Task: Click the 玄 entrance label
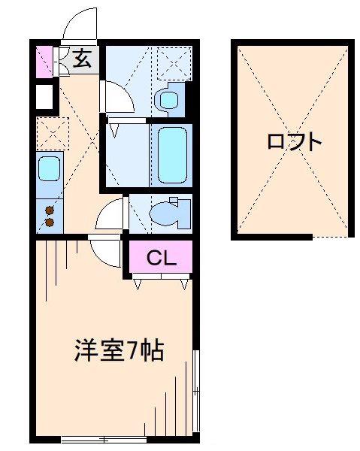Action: pyautogui.click(x=83, y=59)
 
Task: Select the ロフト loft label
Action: pyautogui.click(x=294, y=142)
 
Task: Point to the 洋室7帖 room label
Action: pyautogui.click(x=119, y=351)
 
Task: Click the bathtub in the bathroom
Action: pyautogui.click(x=173, y=155)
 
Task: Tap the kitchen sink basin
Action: pyautogui.click(x=50, y=169)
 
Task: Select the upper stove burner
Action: pyautogui.click(x=50, y=210)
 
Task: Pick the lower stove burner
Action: pyautogui.click(x=50, y=222)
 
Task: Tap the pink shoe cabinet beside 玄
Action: pyautogui.click(x=44, y=62)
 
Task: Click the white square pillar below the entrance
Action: pyautogui.click(x=44, y=96)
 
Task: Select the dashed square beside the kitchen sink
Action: pyautogui.click(x=53, y=134)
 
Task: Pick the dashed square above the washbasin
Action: pyautogui.click(x=174, y=63)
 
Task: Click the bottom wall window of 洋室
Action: pyautogui.click(x=104, y=440)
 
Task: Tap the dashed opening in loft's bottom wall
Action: pyautogui.click(x=330, y=238)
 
